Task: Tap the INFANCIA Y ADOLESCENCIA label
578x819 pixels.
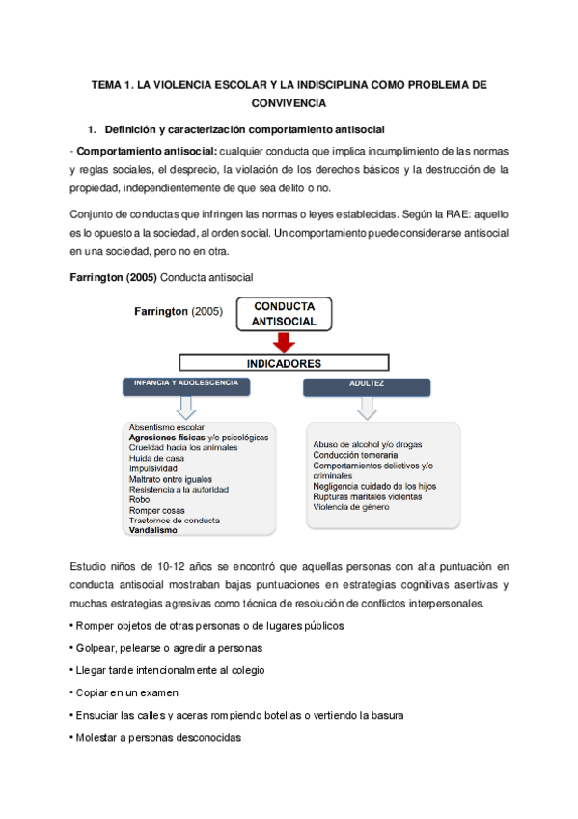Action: [x=187, y=384]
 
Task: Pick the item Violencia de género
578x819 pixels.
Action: [x=351, y=507]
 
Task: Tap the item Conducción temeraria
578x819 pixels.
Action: [x=354, y=455]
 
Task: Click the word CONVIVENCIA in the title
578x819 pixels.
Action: [x=289, y=101]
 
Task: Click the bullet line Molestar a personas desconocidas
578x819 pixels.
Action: [x=156, y=737]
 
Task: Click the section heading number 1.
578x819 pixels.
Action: [x=92, y=128]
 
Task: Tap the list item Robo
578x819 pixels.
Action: [x=139, y=499]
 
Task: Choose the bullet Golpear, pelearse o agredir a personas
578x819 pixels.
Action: [x=166, y=647]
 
